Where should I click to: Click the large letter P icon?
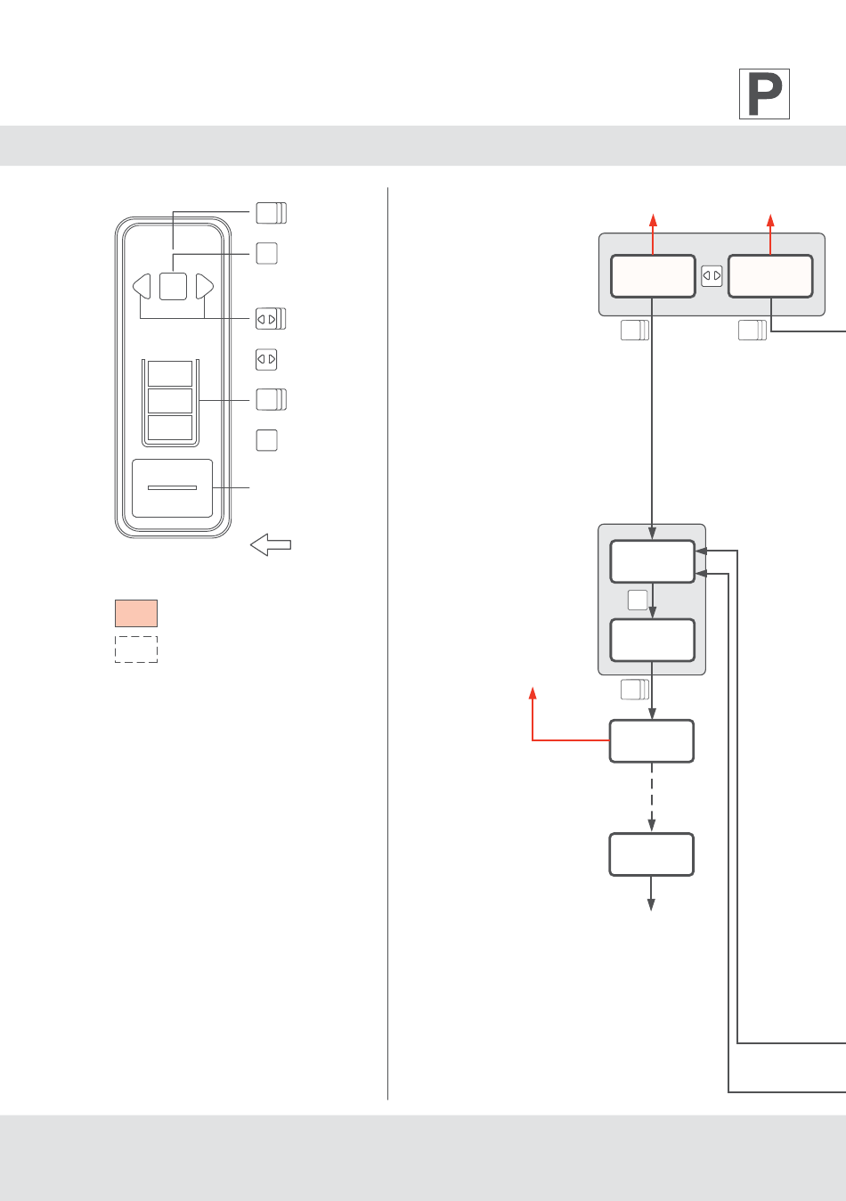[x=764, y=94]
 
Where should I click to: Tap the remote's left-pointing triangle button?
[x=142, y=286]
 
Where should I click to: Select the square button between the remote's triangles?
[x=173, y=286]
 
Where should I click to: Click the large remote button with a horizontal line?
[x=172, y=488]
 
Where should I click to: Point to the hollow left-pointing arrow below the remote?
[x=271, y=544]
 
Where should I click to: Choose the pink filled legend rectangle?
[x=136, y=613]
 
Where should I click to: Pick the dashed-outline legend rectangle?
[x=136, y=649]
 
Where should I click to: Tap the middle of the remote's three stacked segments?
[x=169, y=400]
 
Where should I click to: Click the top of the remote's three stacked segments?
[x=169, y=373]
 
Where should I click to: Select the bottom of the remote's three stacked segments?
[x=169, y=428]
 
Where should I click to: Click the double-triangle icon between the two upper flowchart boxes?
[x=712, y=276]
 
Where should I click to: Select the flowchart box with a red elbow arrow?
[x=652, y=740]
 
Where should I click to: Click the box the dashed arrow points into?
[x=652, y=854]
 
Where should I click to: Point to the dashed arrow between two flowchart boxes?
[x=652, y=797]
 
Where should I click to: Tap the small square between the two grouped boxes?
[x=638, y=600]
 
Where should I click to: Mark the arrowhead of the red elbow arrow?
[x=533, y=692]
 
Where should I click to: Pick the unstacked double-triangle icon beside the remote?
[x=266, y=359]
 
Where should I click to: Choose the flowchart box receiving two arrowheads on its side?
[x=652, y=561]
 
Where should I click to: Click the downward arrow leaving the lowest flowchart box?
[x=652, y=895]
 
